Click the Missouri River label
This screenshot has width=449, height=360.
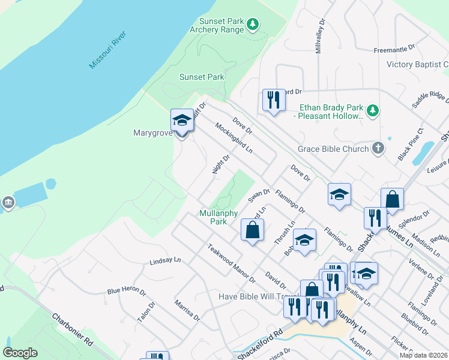point(111,47)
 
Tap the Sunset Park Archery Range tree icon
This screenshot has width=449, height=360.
point(253,24)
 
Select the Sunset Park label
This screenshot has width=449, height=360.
point(202,77)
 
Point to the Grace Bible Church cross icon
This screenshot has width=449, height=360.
point(378,148)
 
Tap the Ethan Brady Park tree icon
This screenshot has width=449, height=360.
point(373,110)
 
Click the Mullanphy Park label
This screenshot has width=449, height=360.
point(218,217)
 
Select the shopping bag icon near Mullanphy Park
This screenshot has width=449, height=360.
point(253,229)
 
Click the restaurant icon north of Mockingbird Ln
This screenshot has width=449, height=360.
point(274,99)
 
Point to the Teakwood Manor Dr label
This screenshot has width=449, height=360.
point(231,263)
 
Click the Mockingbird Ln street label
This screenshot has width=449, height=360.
point(234,139)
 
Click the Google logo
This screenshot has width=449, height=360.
point(20,353)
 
